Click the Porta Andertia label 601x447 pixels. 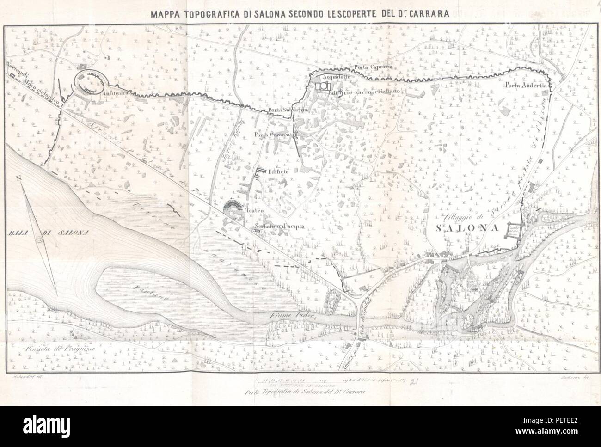(526, 85)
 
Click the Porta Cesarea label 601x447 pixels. (271, 135)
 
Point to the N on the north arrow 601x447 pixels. (18, 180)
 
